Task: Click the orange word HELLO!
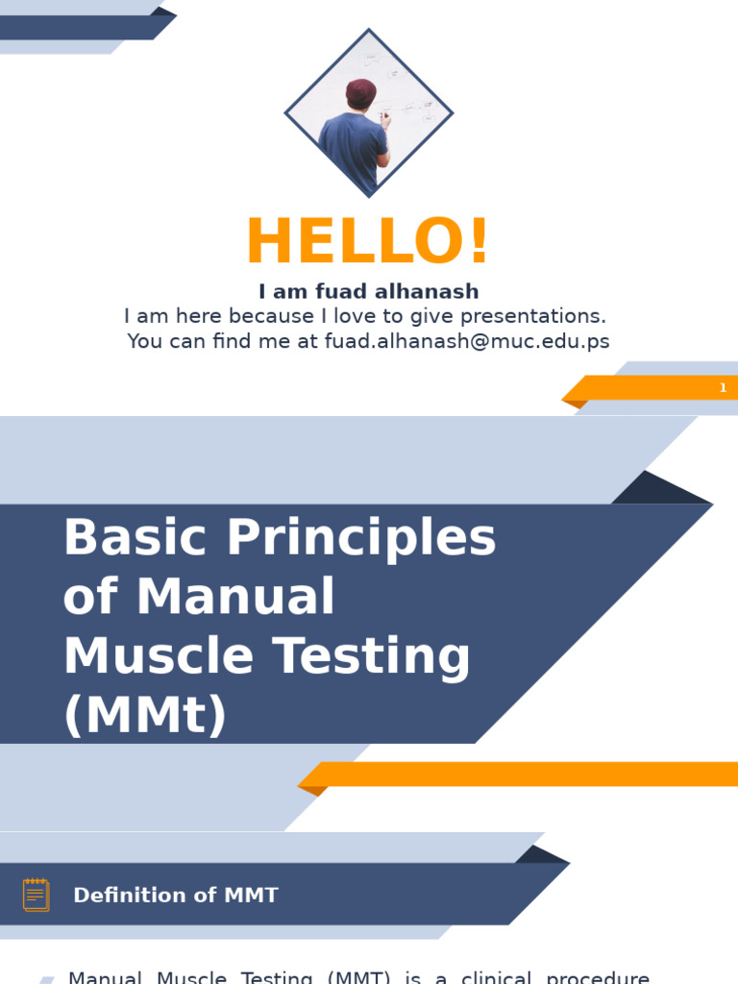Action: coord(368,242)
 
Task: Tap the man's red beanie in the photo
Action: coord(360,93)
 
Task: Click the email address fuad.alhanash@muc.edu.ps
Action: coord(467,341)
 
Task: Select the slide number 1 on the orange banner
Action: coord(723,388)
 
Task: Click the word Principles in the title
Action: coord(361,538)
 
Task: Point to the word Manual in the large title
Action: coord(235,597)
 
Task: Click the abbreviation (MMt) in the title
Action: coord(145,716)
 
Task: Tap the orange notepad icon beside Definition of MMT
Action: coord(37,895)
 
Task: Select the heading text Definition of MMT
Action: coord(176,896)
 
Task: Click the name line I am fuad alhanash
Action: coord(368,291)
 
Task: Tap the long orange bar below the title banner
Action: coord(529,774)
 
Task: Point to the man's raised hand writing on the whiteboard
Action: coord(385,119)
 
